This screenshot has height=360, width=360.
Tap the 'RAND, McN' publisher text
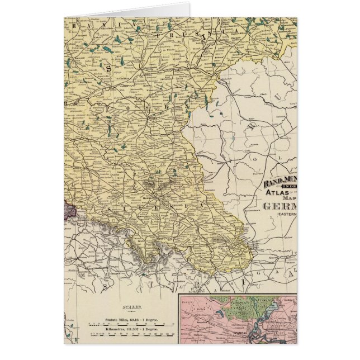coord(280,181)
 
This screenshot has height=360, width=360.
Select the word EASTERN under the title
coord(285,214)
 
